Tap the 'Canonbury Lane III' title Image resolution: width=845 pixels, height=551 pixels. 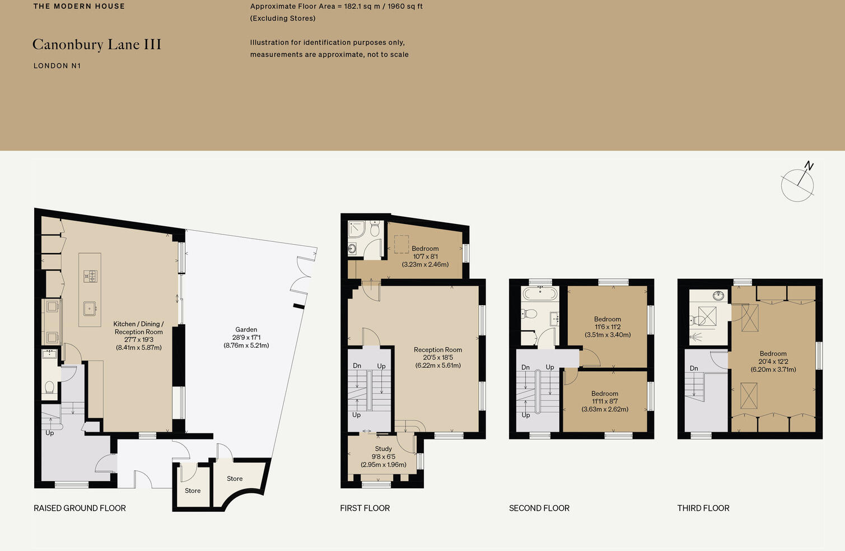click(x=97, y=45)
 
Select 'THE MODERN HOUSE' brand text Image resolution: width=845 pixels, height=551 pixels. click(x=79, y=7)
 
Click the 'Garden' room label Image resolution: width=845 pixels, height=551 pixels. click(x=246, y=330)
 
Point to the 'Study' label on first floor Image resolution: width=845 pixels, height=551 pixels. click(x=384, y=449)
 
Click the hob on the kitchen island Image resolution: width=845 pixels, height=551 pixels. click(x=90, y=275)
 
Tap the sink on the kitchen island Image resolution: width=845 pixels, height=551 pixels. click(x=90, y=307)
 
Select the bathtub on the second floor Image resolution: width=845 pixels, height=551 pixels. click(x=540, y=294)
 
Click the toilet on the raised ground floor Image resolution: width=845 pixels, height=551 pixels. click(x=49, y=387)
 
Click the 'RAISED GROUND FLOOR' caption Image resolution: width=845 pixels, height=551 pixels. click(x=80, y=508)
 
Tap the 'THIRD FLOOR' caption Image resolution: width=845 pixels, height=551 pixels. click(x=703, y=508)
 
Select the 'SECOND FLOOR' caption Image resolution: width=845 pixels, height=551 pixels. click(x=539, y=508)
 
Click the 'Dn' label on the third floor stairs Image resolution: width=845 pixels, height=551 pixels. click(x=694, y=368)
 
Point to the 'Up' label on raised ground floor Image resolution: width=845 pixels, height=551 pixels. click(x=49, y=433)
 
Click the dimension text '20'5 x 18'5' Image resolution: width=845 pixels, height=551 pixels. click(x=438, y=357)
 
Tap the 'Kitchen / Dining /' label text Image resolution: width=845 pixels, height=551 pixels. click(x=138, y=324)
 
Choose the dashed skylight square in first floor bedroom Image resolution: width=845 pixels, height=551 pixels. click(x=401, y=244)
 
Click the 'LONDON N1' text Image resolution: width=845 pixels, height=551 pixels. click(x=57, y=66)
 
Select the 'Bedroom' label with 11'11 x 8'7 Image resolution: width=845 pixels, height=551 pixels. click(x=605, y=394)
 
